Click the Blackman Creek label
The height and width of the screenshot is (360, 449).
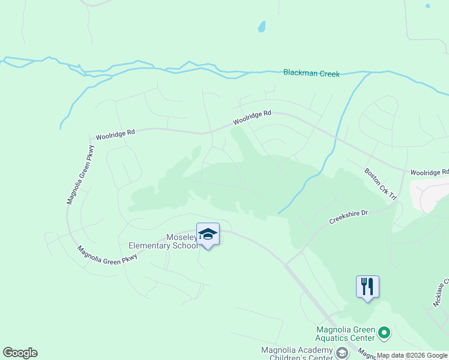[311, 74]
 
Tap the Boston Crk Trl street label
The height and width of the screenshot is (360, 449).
[381, 184]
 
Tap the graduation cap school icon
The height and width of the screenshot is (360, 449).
[208, 235]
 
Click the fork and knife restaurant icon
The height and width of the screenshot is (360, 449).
[367, 286]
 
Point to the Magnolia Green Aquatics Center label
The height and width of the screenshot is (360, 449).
[345, 335]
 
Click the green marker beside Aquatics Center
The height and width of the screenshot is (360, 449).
[385, 332]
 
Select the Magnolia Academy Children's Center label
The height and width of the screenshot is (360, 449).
[297, 355]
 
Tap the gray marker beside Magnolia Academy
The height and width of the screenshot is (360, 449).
[342, 352]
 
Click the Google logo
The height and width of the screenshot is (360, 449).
[20, 353]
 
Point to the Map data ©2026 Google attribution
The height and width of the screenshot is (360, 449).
[412, 355]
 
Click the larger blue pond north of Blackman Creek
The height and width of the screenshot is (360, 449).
[261, 26]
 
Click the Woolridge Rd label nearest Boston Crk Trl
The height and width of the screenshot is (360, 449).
[429, 172]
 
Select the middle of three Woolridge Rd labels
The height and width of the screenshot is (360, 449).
[252, 117]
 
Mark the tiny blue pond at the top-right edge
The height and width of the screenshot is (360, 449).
[427, 6]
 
